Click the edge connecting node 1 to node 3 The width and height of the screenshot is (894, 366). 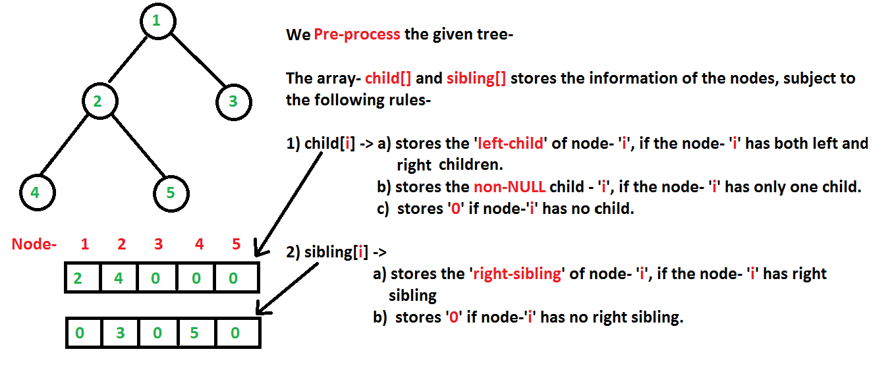pyautogui.click(x=198, y=60)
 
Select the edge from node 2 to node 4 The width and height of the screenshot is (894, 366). pyautogui.click(x=65, y=145)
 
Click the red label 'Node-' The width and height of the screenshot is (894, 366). pyautogui.click(x=34, y=244)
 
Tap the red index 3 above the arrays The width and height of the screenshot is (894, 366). pyautogui.click(x=159, y=244)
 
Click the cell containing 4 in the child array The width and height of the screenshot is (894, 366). pyautogui.click(x=119, y=278)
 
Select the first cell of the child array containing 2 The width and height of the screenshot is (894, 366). pyautogui.click(x=82, y=278)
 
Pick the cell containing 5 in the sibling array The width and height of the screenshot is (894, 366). pyautogui.click(x=197, y=332)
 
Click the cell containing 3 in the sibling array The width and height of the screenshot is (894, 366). pyautogui.click(x=120, y=332)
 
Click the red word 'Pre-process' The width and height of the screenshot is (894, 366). pyautogui.click(x=357, y=35)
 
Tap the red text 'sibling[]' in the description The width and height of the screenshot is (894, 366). pyautogui.click(x=476, y=78)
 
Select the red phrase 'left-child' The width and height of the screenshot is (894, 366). pyautogui.click(x=511, y=143)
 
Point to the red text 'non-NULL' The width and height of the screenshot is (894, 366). pyautogui.click(x=509, y=186)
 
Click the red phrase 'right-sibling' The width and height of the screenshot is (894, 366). pyautogui.click(x=517, y=274)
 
